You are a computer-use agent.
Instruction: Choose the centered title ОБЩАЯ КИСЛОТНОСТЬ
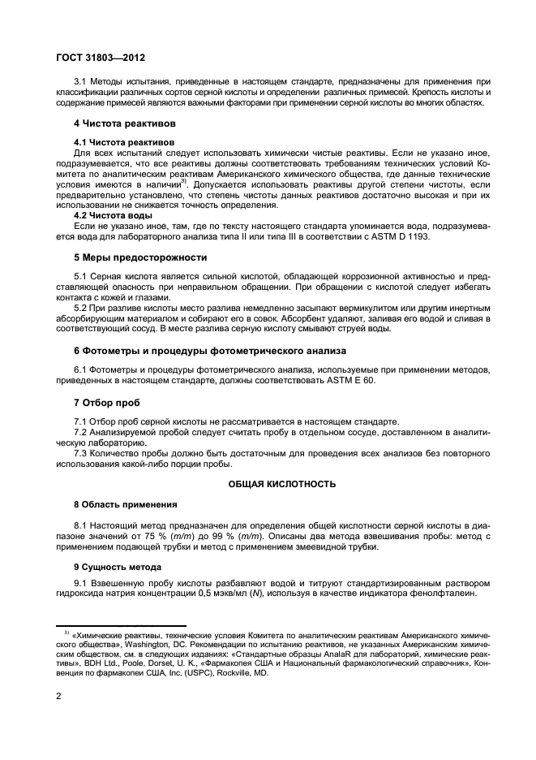click(281, 482)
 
